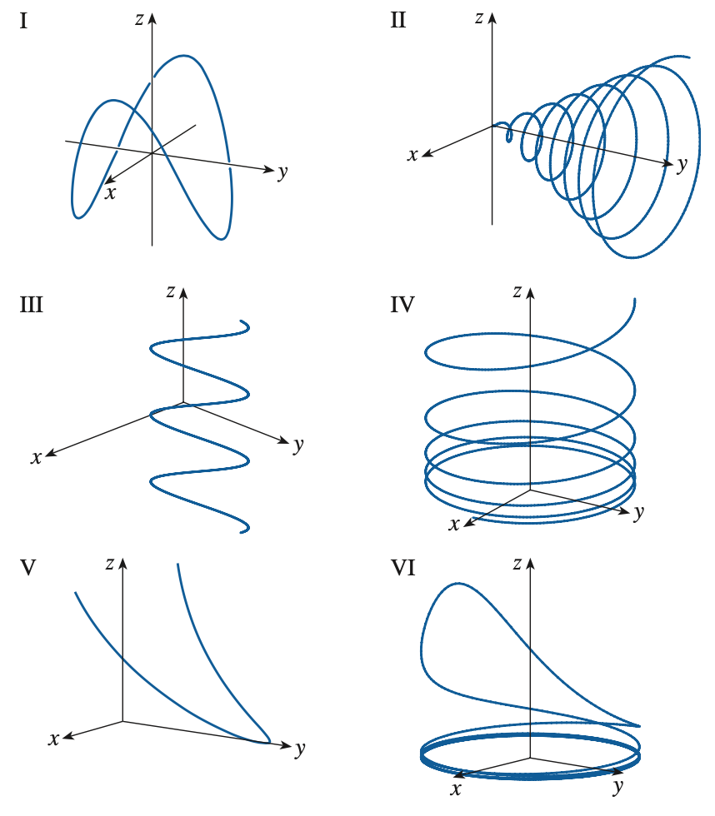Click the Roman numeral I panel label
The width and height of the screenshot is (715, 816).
point(24,21)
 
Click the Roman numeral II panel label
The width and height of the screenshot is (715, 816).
point(398,21)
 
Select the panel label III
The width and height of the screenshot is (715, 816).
point(31,303)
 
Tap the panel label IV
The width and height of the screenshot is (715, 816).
point(403,303)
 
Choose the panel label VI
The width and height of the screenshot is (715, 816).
point(403,568)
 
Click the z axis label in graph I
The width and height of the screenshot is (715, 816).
point(139,18)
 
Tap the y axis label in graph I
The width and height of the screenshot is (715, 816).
point(282,172)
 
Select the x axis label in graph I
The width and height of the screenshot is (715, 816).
point(109,192)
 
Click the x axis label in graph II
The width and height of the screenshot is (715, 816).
point(412,155)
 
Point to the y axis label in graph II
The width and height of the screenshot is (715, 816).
point(682,164)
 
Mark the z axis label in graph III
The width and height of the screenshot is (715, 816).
point(170,291)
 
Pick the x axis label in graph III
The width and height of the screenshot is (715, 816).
point(36,457)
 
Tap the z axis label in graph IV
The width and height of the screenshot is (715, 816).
point(517,291)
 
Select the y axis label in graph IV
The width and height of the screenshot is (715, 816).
point(638,514)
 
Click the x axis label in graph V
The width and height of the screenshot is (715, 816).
point(54,739)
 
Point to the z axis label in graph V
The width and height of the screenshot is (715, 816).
point(110,563)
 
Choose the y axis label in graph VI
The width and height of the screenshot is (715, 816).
point(617,785)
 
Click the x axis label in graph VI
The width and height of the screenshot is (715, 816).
point(457,788)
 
